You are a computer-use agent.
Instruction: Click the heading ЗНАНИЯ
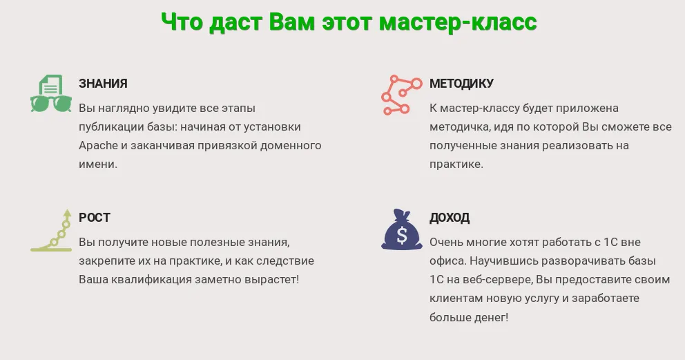[103, 84]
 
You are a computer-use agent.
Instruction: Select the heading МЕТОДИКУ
[461, 84]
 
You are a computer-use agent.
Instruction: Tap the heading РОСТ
[95, 218]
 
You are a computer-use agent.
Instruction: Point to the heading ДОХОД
[450, 218]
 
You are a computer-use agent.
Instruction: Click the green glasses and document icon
[50, 93]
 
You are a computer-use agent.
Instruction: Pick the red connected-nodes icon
[401, 95]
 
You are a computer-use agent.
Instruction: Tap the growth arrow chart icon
[51, 230]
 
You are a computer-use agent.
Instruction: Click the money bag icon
[401, 229]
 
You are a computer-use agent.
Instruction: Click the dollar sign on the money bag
[402, 236]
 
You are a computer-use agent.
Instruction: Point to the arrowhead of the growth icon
[67, 213]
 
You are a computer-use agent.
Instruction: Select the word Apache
[98, 146]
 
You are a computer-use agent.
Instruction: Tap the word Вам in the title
[291, 22]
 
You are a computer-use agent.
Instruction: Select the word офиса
[443, 261]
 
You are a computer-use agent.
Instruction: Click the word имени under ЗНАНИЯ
[98, 164]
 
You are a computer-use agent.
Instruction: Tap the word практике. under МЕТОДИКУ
[456, 164]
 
